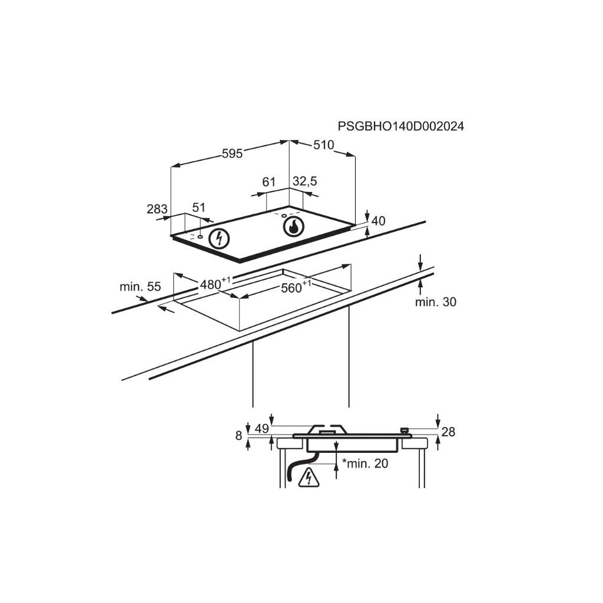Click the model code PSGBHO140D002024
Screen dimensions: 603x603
(x=400, y=126)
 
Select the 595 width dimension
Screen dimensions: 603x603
(x=232, y=154)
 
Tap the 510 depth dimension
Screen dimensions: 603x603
(x=323, y=145)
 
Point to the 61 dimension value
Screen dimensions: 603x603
(x=269, y=181)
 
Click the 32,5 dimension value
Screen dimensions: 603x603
(x=305, y=181)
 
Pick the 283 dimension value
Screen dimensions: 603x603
(x=157, y=209)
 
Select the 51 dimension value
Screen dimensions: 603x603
(x=198, y=208)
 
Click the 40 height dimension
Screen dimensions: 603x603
(x=379, y=221)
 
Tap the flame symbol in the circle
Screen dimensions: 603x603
(x=294, y=227)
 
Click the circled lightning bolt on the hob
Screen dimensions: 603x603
(x=219, y=238)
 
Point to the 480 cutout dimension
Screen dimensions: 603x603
(x=215, y=283)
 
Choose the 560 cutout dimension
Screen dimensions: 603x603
(x=296, y=287)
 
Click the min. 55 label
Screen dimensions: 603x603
(x=140, y=287)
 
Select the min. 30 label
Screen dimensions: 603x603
(x=435, y=302)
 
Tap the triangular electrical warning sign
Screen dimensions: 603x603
(x=309, y=478)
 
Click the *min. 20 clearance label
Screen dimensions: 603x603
(x=365, y=463)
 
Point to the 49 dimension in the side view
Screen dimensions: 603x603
(x=262, y=429)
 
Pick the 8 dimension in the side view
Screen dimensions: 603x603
(x=239, y=435)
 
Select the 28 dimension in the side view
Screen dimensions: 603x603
(x=448, y=432)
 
